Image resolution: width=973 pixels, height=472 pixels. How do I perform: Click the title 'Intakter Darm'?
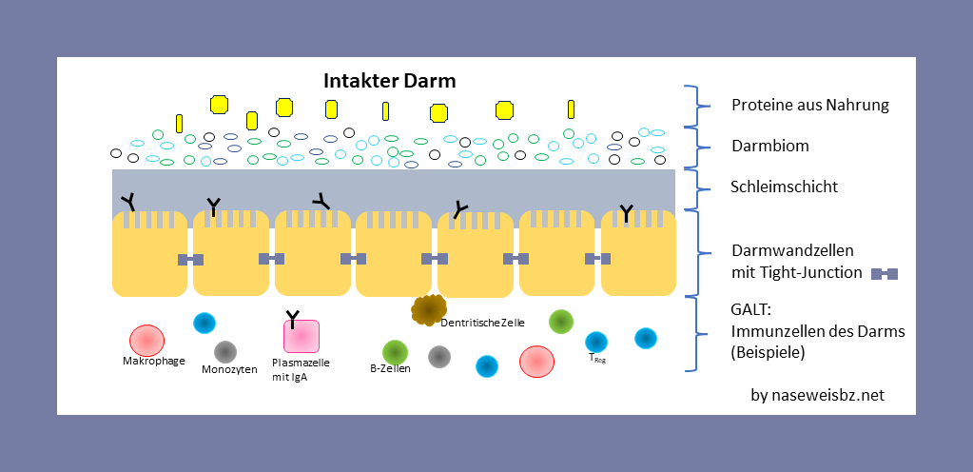pyautogui.click(x=390, y=81)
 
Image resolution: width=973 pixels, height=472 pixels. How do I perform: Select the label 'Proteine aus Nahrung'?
pyautogui.click(x=809, y=105)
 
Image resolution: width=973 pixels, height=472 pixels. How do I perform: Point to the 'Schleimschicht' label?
pyautogui.click(x=784, y=187)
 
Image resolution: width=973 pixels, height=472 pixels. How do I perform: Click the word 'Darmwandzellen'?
pyautogui.click(x=792, y=252)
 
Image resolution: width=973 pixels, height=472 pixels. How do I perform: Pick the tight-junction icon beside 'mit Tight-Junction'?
pyautogui.click(x=885, y=274)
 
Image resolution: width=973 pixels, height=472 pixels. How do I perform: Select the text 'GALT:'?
pyautogui.click(x=751, y=311)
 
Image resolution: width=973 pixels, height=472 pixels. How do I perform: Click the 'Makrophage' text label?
pyautogui.click(x=153, y=361)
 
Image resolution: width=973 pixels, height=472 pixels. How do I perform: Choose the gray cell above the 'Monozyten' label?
pyautogui.click(x=224, y=351)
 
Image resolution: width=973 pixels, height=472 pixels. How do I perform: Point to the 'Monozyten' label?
pyautogui.click(x=229, y=369)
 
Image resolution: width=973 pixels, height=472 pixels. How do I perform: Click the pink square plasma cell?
pyautogui.click(x=301, y=337)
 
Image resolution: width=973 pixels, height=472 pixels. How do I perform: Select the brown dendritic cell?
pyautogui.click(x=429, y=308)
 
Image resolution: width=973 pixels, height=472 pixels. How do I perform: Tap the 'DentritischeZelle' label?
pyautogui.click(x=482, y=323)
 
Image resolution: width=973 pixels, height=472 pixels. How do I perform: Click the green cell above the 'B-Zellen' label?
pyautogui.click(x=395, y=352)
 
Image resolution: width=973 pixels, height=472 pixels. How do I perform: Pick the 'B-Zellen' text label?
pyautogui.click(x=390, y=368)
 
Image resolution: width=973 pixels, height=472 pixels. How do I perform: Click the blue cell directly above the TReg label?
pyautogui.click(x=596, y=342)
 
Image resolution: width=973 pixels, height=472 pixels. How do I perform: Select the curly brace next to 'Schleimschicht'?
pyautogui.click(x=697, y=187)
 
